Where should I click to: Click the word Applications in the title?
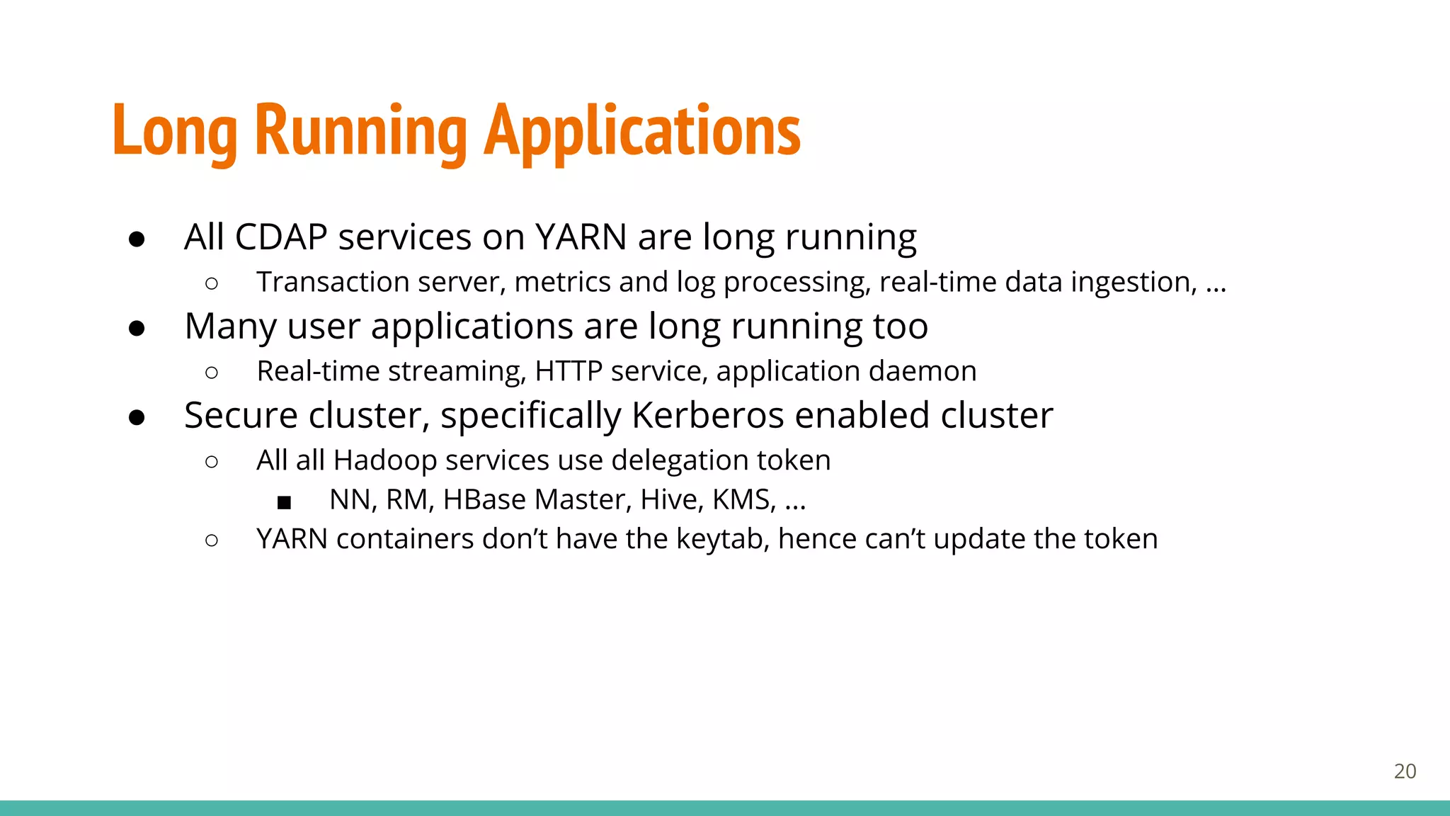coord(642,131)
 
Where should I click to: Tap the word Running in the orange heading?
coord(360,131)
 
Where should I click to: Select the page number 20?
coord(1405,771)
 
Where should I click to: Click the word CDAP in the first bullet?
coord(280,237)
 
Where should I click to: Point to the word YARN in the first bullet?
coord(581,237)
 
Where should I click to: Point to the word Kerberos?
coord(707,416)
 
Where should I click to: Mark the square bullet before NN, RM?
coord(284,503)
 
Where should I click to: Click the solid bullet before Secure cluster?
coord(137,418)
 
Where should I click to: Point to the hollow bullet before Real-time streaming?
coord(211,373)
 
